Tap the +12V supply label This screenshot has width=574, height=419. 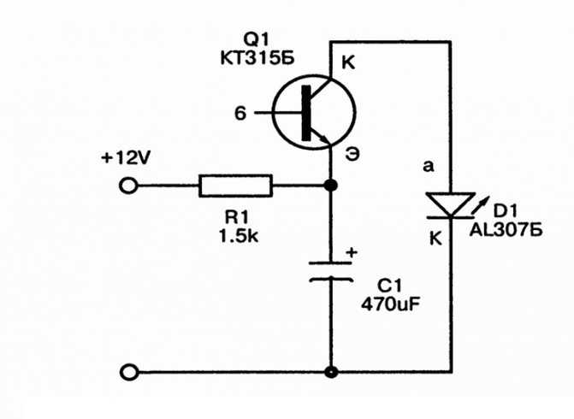(126, 158)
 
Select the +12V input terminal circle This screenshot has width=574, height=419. (128, 186)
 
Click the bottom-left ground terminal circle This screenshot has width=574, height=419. (129, 373)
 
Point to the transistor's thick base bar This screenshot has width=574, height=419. (305, 113)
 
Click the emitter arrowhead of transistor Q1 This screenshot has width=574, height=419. (325, 139)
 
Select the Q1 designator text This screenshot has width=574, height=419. (257, 38)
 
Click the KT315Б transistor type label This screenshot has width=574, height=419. (257, 58)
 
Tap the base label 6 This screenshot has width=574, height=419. (240, 114)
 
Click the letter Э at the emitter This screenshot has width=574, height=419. (352, 155)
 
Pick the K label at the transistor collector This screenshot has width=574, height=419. (348, 62)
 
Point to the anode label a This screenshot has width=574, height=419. (428, 167)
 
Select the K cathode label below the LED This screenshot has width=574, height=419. (435, 239)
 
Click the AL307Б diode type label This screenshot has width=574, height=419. (506, 231)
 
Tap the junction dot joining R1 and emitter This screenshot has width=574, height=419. (331, 186)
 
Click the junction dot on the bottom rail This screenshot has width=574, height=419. (331, 373)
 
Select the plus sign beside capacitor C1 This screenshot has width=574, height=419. (352, 252)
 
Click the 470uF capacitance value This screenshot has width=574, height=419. (390, 304)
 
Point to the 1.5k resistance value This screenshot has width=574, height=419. (239, 236)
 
